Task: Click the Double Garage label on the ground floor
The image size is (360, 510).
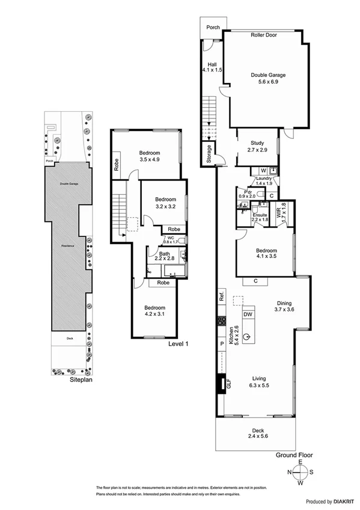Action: tap(268, 79)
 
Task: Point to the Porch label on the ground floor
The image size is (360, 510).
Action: tap(213, 28)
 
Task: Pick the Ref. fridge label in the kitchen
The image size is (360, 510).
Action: tap(221, 296)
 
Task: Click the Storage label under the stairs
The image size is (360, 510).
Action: tap(209, 154)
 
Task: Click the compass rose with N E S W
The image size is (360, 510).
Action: tap(302, 473)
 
